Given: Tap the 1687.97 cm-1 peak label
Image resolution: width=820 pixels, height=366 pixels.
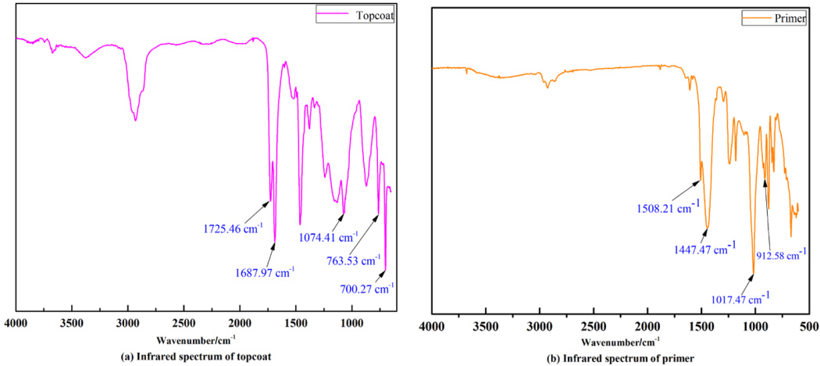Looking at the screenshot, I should click(265, 272).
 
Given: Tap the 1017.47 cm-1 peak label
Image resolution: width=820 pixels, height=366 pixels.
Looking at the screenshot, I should click(739, 297).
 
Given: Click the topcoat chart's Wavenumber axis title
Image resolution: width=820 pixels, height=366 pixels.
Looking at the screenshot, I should click(195, 340).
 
